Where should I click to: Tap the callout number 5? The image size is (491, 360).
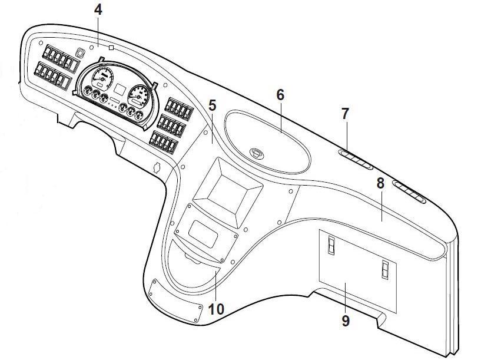(x=212, y=106)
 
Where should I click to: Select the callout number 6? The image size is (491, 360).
(x=280, y=94)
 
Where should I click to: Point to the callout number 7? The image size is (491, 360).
(x=345, y=114)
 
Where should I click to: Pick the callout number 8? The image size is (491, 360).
(x=380, y=183)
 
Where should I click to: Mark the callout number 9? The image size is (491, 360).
(x=345, y=321)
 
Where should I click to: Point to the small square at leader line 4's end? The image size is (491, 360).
(x=111, y=47)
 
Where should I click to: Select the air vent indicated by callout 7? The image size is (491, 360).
(x=356, y=159)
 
